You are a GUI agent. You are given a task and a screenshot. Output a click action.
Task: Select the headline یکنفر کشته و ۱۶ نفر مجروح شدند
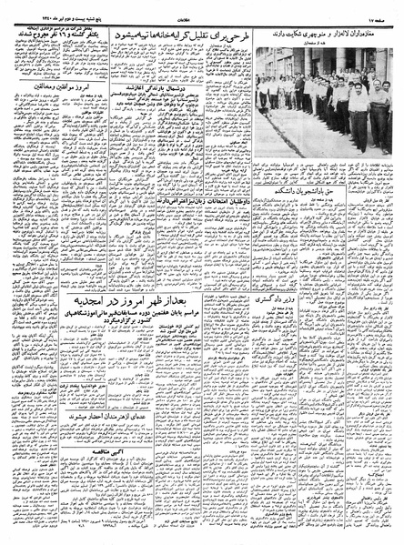pos(52,36)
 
